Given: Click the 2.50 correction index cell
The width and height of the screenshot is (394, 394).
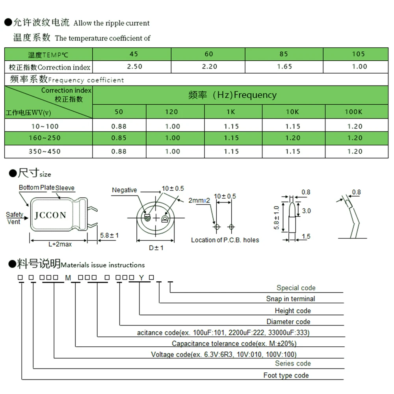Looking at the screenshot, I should (x=135, y=67).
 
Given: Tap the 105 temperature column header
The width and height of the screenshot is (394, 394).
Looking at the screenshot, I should (x=359, y=54).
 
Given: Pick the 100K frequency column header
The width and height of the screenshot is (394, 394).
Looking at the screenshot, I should (x=353, y=112).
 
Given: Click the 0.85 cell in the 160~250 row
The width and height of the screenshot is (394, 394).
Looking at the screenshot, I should (x=119, y=138).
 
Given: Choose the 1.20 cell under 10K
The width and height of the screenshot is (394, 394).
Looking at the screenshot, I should (x=293, y=138).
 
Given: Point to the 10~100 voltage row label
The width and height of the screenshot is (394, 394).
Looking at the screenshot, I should (x=45, y=126).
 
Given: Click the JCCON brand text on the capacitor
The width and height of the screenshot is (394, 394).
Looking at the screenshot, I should (x=50, y=215).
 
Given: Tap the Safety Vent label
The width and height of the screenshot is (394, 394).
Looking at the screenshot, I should (x=14, y=218).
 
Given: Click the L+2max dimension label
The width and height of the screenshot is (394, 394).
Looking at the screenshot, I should (x=60, y=244).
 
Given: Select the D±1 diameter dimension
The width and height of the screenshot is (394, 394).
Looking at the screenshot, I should (x=156, y=248).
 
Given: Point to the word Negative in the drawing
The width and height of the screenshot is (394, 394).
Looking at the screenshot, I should (x=125, y=190).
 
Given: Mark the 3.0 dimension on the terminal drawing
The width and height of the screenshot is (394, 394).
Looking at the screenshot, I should (x=306, y=211).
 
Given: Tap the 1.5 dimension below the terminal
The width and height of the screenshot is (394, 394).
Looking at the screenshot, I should (x=306, y=236).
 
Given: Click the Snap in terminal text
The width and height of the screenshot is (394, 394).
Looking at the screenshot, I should (x=290, y=299).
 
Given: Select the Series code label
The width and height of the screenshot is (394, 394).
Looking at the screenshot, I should (x=293, y=363).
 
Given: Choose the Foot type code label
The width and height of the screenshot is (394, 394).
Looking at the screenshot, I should (x=286, y=375).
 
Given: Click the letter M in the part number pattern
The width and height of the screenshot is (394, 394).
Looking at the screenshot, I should (x=68, y=278).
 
